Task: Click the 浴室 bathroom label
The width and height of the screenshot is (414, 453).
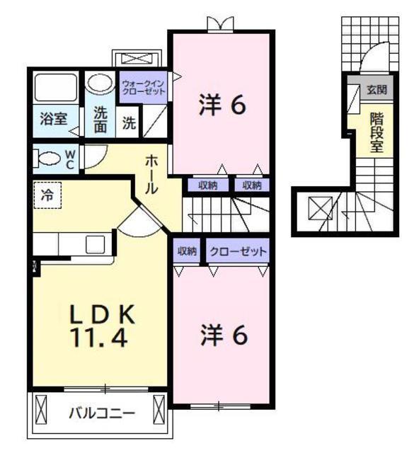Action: (54, 119)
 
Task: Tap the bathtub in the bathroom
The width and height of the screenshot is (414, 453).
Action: (55, 87)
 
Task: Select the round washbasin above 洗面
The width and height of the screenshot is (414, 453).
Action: (99, 83)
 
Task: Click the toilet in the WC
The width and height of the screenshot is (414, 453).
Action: (47, 159)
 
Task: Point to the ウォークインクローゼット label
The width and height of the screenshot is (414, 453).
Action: (143, 88)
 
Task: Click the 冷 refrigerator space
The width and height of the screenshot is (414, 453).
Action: (47, 195)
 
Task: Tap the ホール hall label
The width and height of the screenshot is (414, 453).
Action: (151, 174)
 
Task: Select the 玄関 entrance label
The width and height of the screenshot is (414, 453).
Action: (376, 90)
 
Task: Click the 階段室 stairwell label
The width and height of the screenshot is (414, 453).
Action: (376, 132)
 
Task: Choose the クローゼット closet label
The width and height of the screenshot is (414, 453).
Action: (238, 251)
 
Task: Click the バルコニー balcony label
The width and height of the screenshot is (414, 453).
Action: (101, 413)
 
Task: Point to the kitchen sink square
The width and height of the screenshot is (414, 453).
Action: (95, 245)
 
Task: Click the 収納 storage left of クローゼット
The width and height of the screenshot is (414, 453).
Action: (188, 251)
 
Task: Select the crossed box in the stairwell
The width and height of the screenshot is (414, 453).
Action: (321, 208)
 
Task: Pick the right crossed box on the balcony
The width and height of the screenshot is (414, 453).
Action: (159, 409)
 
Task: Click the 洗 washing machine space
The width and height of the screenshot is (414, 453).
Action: (129, 123)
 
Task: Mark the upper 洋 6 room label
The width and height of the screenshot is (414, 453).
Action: (222, 105)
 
